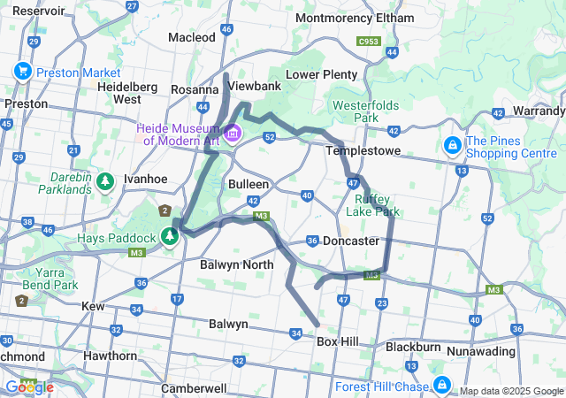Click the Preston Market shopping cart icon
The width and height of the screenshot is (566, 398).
pos(22,72)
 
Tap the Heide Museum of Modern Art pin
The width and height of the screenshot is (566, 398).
pos(233,134)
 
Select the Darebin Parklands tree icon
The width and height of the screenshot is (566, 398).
pos(105,181)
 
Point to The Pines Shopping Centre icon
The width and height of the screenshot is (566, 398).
pos(452,144)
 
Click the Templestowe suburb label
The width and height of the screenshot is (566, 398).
pos(363,151)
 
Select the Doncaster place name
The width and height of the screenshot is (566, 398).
pos(351,241)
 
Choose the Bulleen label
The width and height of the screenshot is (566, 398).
pos(249,184)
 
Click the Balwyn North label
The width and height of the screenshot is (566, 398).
pos(237,264)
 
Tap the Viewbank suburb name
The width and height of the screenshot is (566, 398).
pos(255,86)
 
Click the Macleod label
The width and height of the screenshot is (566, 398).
pos(192,37)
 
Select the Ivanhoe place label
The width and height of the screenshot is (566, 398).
pos(145,179)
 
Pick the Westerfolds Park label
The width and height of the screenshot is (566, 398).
pos(355,111)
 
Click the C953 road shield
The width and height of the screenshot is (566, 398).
pos(368,41)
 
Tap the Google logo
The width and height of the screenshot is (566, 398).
pos(28,387)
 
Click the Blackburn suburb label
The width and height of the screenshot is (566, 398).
pos(413,348)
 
